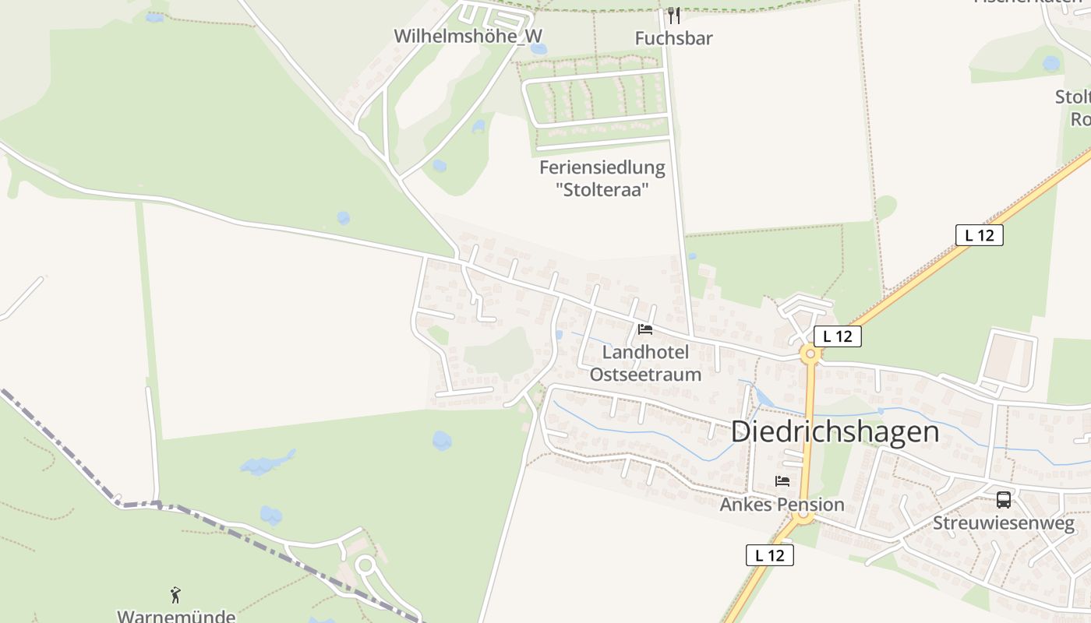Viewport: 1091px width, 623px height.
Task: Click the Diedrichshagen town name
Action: pyautogui.click(x=835, y=431)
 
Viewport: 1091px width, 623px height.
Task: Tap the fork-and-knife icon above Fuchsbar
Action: pyautogui.click(x=674, y=16)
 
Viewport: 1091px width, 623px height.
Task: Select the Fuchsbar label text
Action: pyautogui.click(x=674, y=38)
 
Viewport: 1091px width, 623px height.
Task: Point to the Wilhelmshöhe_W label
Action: pyautogui.click(x=468, y=36)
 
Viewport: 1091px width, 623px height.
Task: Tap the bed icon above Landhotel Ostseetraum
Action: pyautogui.click(x=645, y=329)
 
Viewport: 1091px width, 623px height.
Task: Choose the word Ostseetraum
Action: pyautogui.click(x=645, y=375)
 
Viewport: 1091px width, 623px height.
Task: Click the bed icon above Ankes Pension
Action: pyautogui.click(x=782, y=481)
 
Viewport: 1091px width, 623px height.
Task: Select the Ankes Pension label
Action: pyautogui.click(x=782, y=504)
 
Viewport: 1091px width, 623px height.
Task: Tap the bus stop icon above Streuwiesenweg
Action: pyautogui.click(x=1003, y=500)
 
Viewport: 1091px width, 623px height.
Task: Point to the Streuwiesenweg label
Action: pyautogui.click(x=1004, y=523)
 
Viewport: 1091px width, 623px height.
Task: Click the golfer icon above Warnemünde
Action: pyautogui.click(x=175, y=595)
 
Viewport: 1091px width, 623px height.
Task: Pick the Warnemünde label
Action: pyautogui.click(x=176, y=616)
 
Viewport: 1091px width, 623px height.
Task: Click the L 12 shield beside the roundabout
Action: pyautogui.click(x=838, y=336)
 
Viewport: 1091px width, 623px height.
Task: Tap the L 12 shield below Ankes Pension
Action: pyautogui.click(x=770, y=555)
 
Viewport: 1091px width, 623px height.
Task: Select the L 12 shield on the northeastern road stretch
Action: pyautogui.click(x=979, y=235)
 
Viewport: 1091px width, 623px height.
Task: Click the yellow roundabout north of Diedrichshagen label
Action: pyautogui.click(x=810, y=354)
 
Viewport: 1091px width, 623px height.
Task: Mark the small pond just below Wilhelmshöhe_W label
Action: pyautogui.click(x=538, y=49)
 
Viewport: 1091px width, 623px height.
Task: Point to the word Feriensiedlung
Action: pyautogui.click(x=602, y=167)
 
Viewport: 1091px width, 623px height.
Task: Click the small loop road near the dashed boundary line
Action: pyautogui.click(x=365, y=565)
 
